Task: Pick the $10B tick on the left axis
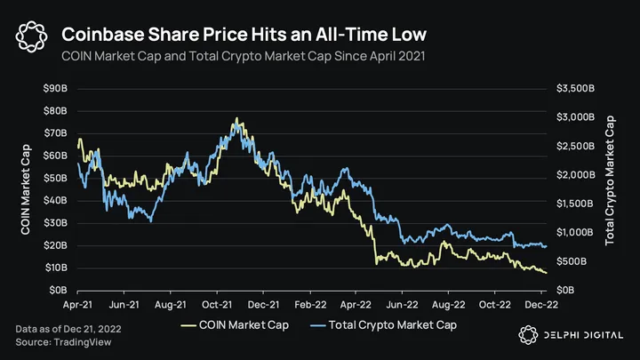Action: [x=56, y=268]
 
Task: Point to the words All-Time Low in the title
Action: [x=374, y=36]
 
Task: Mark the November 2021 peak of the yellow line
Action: [x=236, y=118]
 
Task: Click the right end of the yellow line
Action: [x=546, y=273]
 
